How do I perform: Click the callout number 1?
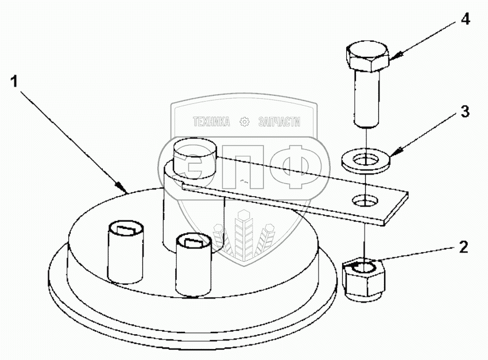coord(14,82)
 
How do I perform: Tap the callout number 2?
coord(463,247)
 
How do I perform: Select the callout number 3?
coord(465,111)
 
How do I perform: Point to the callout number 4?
coord(465,20)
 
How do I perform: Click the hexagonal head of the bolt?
coord(367,57)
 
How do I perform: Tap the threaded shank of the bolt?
coord(367,98)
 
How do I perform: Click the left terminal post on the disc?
coord(126,252)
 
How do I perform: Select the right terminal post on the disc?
coord(194,265)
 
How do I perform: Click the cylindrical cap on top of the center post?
coord(195,158)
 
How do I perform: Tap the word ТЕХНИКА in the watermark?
coord(212,122)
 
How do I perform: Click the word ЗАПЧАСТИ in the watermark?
coord(279,122)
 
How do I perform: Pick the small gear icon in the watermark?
coord(245,122)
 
